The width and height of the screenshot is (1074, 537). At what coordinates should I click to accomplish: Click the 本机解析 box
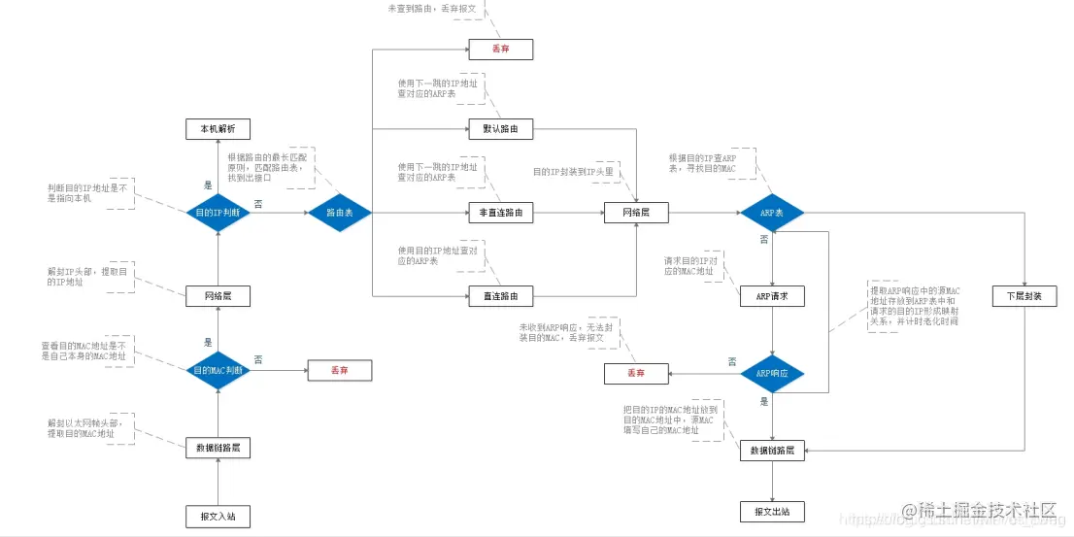218,129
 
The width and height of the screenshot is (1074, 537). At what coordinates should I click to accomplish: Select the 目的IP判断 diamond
218,212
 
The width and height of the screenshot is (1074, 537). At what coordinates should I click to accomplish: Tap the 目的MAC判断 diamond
218,370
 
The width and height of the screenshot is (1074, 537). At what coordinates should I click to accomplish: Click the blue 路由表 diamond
340,212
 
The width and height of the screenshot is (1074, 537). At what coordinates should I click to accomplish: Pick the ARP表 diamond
773,212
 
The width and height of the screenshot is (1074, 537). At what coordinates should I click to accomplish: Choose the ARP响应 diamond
773,373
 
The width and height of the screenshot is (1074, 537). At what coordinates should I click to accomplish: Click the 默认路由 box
500,129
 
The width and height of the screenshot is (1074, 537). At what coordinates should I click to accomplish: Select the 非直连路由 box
500,213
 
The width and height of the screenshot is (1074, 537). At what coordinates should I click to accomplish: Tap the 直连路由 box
500,295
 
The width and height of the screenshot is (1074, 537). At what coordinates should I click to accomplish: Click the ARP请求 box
773,295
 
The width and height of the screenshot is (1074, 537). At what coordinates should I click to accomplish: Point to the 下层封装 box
1024,295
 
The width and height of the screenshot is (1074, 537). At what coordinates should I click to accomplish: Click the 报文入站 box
218,516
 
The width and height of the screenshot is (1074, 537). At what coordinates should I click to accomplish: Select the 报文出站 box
773,511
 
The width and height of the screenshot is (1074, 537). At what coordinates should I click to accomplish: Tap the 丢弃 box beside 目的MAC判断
340,370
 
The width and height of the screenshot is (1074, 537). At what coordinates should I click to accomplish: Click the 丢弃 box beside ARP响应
636,373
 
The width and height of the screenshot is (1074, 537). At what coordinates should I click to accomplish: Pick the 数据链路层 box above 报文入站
218,448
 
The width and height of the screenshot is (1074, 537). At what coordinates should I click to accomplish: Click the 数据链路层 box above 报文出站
773,451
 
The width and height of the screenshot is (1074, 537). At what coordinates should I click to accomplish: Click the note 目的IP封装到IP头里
573,172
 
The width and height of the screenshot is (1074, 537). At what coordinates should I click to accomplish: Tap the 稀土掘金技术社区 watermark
987,511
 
